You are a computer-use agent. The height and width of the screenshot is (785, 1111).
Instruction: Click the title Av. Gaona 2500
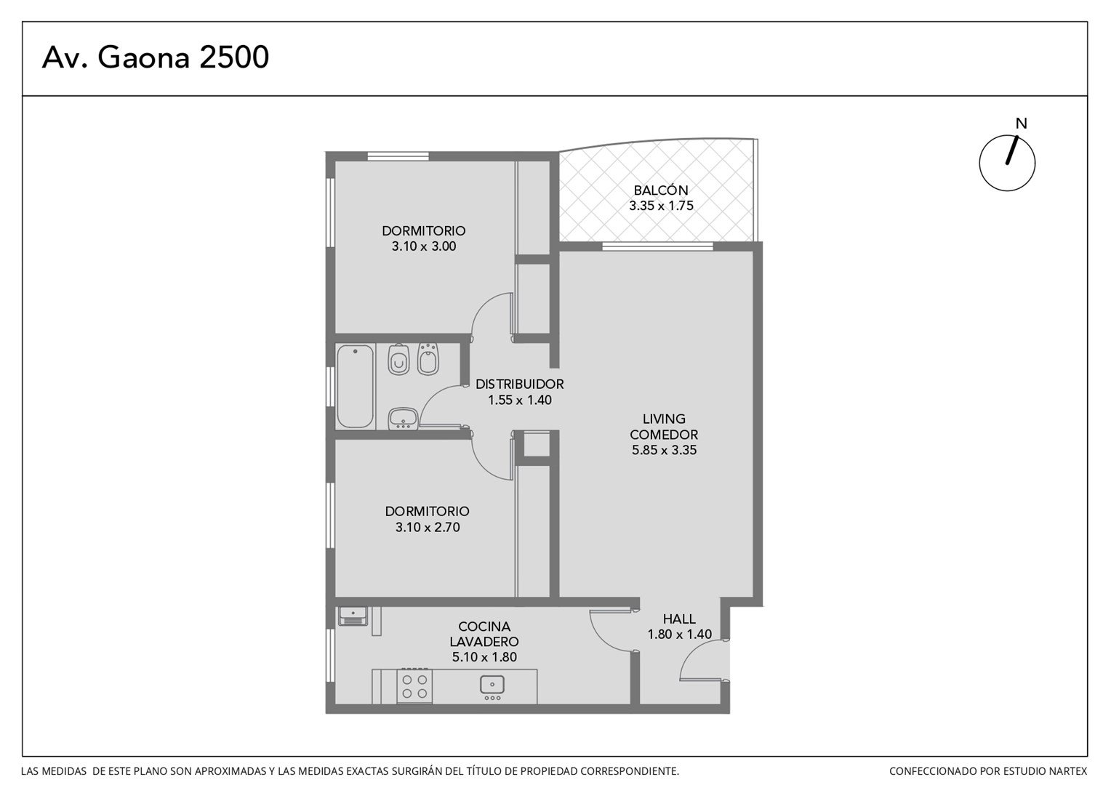(156, 57)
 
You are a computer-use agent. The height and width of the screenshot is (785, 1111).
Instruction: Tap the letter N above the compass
(1021, 124)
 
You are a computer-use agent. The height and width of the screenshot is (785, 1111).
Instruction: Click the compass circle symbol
(1007, 163)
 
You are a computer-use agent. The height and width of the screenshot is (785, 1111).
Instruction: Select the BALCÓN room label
(661, 190)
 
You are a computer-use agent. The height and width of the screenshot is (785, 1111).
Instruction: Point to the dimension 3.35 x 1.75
(661, 206)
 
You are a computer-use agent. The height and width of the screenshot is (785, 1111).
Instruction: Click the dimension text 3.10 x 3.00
(424, 246)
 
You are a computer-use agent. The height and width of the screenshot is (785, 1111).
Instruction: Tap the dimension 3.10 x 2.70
(428, 527)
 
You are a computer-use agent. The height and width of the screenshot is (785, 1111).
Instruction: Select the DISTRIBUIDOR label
(519, 385)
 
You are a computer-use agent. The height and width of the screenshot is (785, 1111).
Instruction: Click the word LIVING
(664, 419)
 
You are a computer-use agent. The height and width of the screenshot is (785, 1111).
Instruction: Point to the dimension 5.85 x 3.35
(664, 450)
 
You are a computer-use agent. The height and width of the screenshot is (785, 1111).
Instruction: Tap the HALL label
(679, 619)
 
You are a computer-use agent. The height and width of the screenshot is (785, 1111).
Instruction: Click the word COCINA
(484, 627)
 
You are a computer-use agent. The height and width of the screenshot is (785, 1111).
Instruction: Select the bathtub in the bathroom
(355, 386)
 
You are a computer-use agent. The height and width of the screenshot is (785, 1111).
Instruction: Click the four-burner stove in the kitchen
(414, 687)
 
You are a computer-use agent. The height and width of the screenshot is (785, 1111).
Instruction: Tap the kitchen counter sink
(492, 687)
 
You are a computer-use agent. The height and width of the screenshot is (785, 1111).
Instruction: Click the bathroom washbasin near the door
(403, 418)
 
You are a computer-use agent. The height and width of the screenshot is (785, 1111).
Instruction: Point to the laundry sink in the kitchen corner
(353, 616)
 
